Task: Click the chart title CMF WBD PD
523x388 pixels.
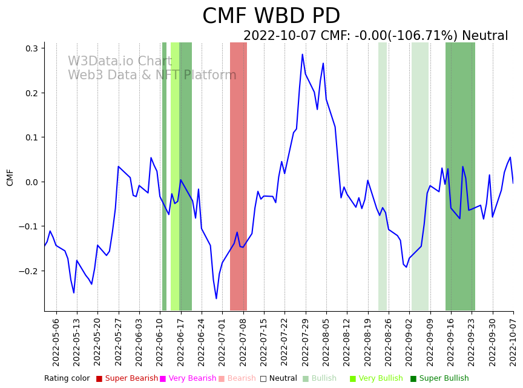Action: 271,16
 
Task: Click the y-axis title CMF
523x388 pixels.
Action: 10,177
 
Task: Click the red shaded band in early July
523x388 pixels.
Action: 238,176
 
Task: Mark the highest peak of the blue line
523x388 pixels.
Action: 303,54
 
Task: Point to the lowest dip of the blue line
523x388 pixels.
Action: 216,298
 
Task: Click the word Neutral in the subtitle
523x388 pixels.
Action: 485,36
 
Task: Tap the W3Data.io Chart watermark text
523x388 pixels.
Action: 120,62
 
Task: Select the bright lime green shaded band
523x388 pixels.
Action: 174,176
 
